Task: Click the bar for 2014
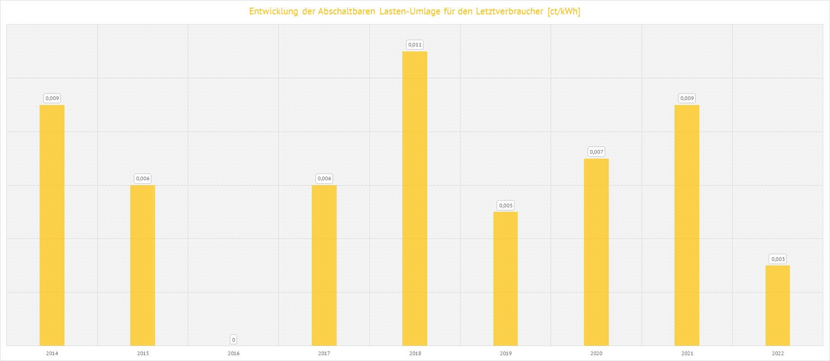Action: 52,225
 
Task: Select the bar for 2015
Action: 142,265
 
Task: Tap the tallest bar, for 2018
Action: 415,198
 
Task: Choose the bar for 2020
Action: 596,252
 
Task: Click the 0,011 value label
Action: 415,45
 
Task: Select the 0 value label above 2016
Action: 233,339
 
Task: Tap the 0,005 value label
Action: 506,206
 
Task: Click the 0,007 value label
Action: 596,152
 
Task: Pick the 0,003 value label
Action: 778,259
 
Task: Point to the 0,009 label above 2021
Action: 687,98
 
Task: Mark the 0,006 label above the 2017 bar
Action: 324,178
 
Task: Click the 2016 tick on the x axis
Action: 233,353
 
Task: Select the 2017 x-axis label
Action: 324,353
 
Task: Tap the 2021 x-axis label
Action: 687,353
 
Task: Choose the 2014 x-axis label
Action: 52,353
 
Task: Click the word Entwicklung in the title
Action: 274,11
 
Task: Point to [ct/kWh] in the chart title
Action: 564,11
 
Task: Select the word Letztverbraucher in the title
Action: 509,11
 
